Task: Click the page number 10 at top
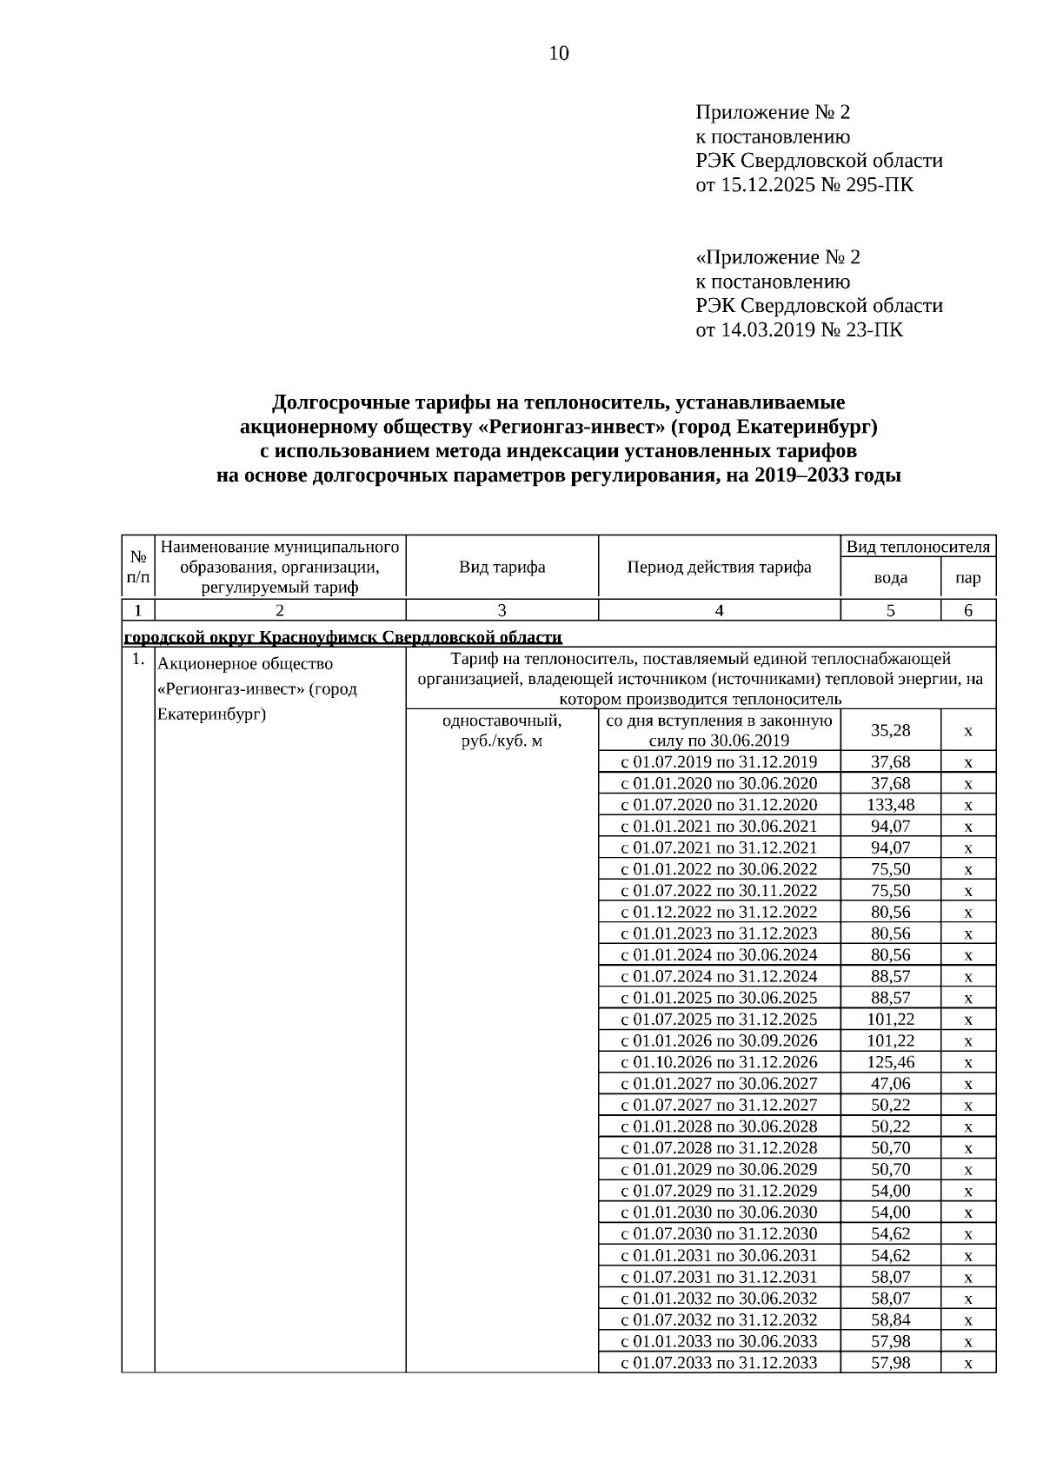coord(559,54)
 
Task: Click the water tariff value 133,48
coord(890,805)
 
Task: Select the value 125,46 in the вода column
coord(890,1062)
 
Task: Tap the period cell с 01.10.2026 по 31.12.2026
coord(719,1062)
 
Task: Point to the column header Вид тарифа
coord(502,568)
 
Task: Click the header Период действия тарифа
coord(719,568)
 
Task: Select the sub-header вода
coord(890,578)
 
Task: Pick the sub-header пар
coord(967,578)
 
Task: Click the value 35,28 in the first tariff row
coord(890,731)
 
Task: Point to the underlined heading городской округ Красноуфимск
coord(342,637)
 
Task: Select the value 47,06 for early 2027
coord(890,1083)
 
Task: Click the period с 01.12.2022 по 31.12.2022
coord(719,912)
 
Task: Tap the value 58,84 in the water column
coord(890,1319)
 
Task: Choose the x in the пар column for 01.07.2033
coord(967,1363)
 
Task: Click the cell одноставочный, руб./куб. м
coord(502,731)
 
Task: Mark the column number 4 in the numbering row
coord(719,610)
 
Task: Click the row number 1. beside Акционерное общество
coord(137,660)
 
